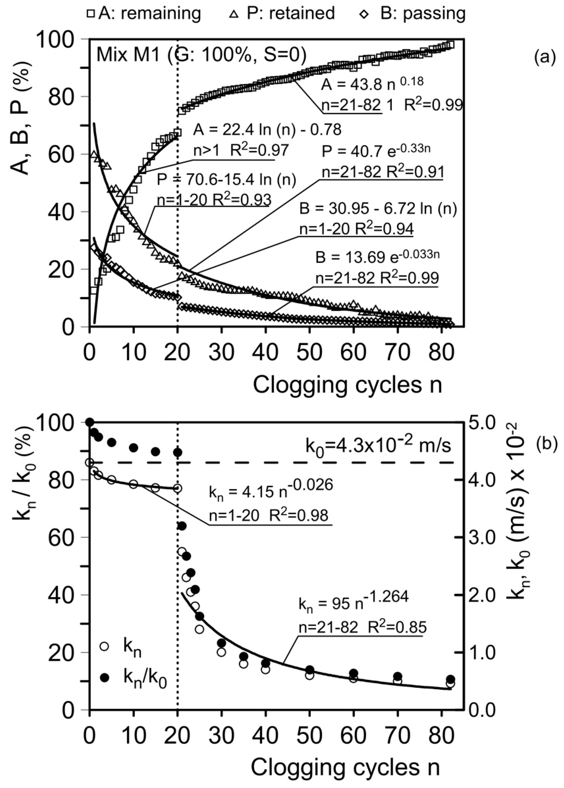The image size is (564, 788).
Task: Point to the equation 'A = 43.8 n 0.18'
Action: [x=372, y=84]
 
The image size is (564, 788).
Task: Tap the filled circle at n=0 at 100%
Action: [x=90, y=422]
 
